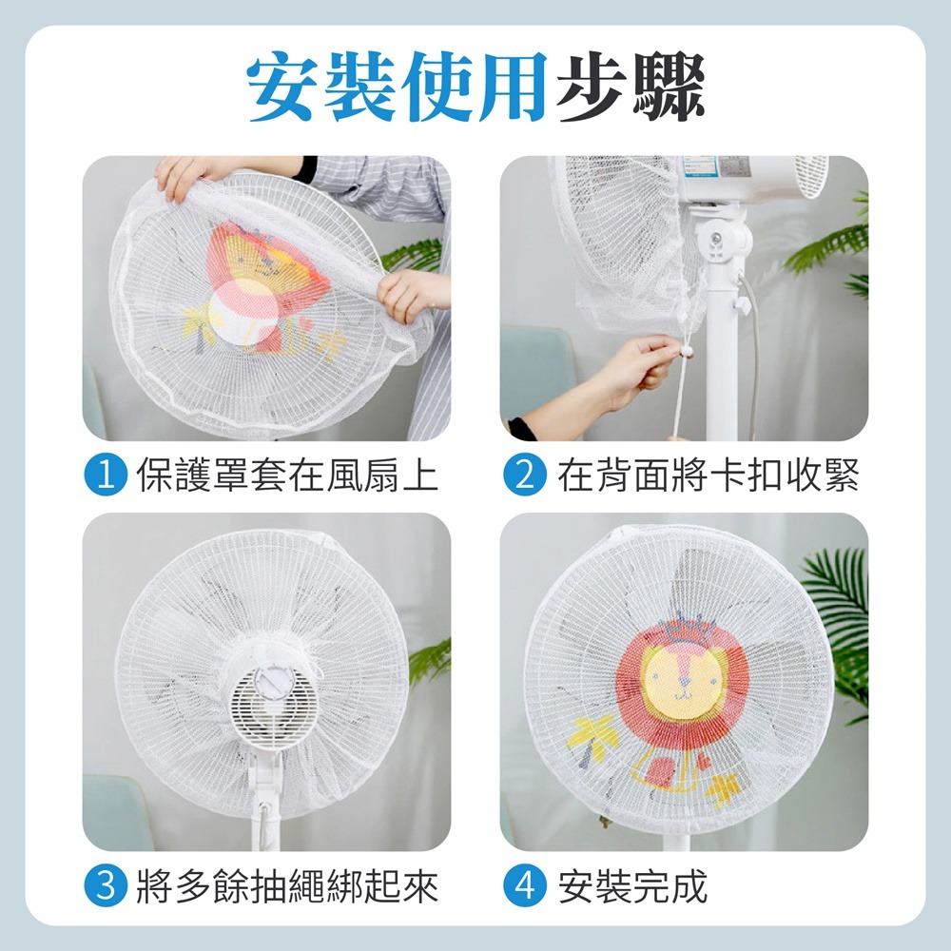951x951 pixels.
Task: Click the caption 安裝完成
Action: coord(632,887)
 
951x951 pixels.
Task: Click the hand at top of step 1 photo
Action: coord(185,176)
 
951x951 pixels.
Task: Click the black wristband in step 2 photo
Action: coord(521,429)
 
